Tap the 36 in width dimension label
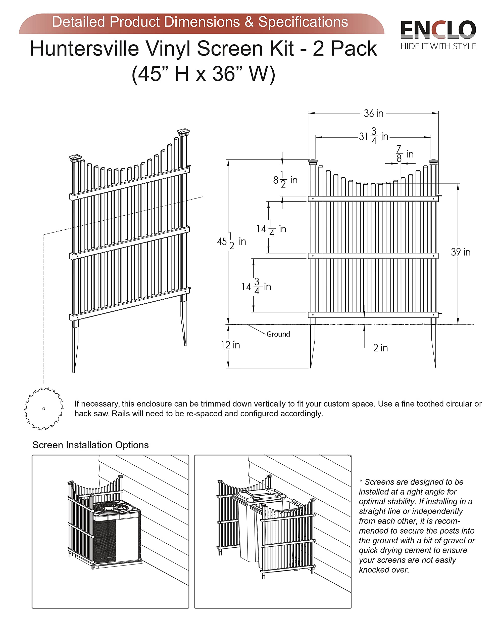pyautogui.click(x=373, y=113)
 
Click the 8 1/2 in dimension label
pyautogui.click(x=285, y=180)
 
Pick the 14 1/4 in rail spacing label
pyautogui.click(x=271, y=228)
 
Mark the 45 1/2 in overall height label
pyautogui.click(x=231, y=242)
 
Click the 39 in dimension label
pyautogui.click(x=461, y=252)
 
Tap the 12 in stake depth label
pyautogui.click(x=230, y=345)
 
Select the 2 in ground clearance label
pyautogui.click(x=380, y=348)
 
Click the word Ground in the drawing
pyautogui.click(x=278, y=334)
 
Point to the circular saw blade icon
pyautogui.click(x=44, y=409)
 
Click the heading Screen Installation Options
pyautogui.click(x=90, y=445)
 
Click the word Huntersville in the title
pyautogui.click(x=84, y=49)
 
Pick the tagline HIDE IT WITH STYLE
pyautogui.click(x=438, y=46)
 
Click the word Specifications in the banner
pyautogui.click(x=303, y=22)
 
